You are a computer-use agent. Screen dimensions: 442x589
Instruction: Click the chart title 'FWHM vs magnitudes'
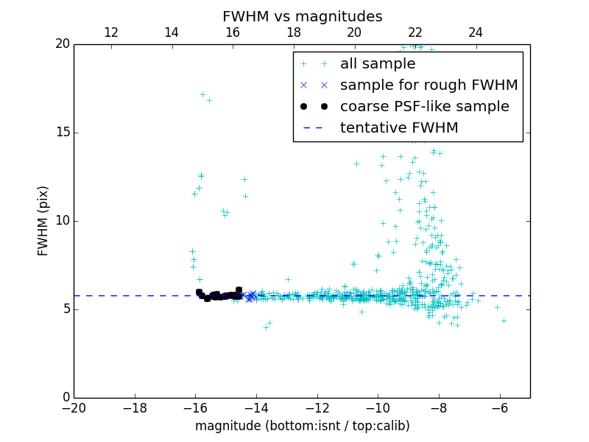pos(302,16)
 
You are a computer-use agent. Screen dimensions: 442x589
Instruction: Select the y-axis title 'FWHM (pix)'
pos(43,221)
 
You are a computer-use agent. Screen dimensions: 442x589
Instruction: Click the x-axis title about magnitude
pos(302,426)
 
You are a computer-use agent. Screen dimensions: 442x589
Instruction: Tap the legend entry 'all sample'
pos(378,64)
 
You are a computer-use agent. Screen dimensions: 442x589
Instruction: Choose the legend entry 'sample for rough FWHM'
pos(428,85)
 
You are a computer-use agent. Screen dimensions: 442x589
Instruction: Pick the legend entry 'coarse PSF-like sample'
pos(424,107)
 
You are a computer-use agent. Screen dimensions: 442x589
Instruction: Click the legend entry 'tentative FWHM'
pos(399,128)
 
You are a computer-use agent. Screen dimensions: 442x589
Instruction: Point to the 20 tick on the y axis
pos(61,44)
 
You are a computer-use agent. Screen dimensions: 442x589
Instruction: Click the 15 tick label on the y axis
pos(61,133)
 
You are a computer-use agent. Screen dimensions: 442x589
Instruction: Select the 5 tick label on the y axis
pos(65,309)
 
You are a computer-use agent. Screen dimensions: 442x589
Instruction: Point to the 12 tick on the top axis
pos(111,32)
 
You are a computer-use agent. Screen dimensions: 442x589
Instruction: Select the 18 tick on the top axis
pos(294,32)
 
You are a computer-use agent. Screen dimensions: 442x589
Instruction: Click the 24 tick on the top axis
pos(476,32)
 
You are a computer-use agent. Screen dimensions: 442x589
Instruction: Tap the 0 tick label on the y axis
pos(65,398)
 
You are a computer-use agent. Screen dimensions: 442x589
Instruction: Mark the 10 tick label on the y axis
pos(61,221)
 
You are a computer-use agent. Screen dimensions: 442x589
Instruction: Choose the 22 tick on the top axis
pos(415,32)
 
